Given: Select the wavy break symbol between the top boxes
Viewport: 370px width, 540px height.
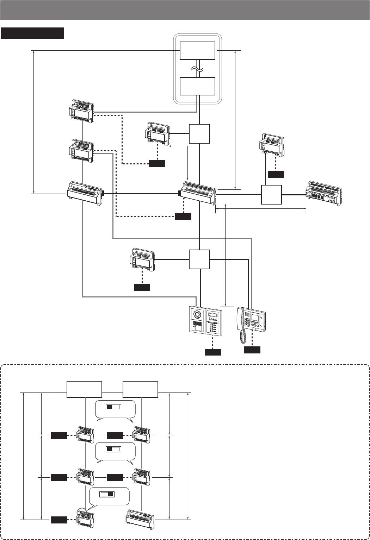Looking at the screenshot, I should coord(198,69).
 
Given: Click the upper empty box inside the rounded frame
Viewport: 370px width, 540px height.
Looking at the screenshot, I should coord(197,51).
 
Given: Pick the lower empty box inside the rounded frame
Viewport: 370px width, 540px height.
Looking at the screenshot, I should coord(197,86).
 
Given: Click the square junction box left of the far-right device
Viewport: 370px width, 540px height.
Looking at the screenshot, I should coord(272,194).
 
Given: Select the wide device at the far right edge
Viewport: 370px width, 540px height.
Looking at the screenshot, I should coord(323,193).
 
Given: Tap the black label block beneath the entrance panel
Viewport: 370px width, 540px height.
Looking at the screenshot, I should coord(213,352).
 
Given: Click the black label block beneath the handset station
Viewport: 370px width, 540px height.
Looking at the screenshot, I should coord(252,350).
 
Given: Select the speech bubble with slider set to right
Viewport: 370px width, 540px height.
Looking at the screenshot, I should coord(110,496).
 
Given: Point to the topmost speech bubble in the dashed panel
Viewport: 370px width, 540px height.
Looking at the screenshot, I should coord(115,409).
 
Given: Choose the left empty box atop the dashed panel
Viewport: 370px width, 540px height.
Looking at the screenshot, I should coord(85,389).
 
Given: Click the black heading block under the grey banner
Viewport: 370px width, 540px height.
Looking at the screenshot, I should coord(32,33).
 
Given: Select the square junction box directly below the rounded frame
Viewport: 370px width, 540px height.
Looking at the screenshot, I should coord(199,133).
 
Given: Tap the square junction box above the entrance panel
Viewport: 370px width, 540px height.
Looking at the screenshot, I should coord(199,259).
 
